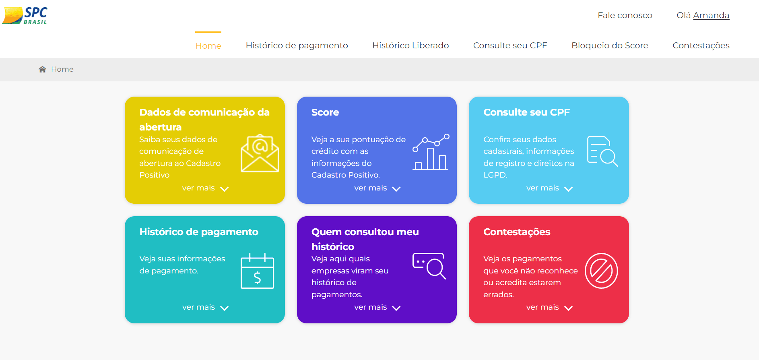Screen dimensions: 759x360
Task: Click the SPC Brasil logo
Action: [x=25, y=16]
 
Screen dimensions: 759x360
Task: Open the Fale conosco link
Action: [x=625, y=15]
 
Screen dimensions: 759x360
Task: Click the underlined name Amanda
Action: [x=711, y=15]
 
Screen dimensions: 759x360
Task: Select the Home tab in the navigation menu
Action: [x=208, y=46]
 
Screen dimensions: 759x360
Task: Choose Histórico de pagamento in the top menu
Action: [x=297, y=46]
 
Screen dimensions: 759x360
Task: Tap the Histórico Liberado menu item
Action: [x=410, y=46]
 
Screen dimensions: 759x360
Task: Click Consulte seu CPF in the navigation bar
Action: [x=510, y=46]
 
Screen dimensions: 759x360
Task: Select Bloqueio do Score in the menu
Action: [x=610, y=46]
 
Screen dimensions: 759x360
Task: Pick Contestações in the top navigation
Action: [x=701, y=46]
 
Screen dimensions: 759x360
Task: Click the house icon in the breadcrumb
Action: [x=42, y=69]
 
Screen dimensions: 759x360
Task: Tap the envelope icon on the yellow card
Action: [x=260, y=153]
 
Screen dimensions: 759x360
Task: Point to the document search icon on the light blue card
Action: [x=602, y=151]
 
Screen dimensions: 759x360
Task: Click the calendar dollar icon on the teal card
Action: [x=257, y=271]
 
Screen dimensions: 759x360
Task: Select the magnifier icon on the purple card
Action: [x=429, y=266]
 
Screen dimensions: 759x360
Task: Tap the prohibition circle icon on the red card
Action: [x=601, y=271]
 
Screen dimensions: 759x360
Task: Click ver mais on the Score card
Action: [x=371, y=188]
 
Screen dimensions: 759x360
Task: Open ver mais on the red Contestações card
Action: [x=542, y=307]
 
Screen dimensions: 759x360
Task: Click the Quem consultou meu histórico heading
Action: [x=365, y=239]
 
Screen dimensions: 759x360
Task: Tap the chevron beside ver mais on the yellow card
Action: [x=225, y=189]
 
